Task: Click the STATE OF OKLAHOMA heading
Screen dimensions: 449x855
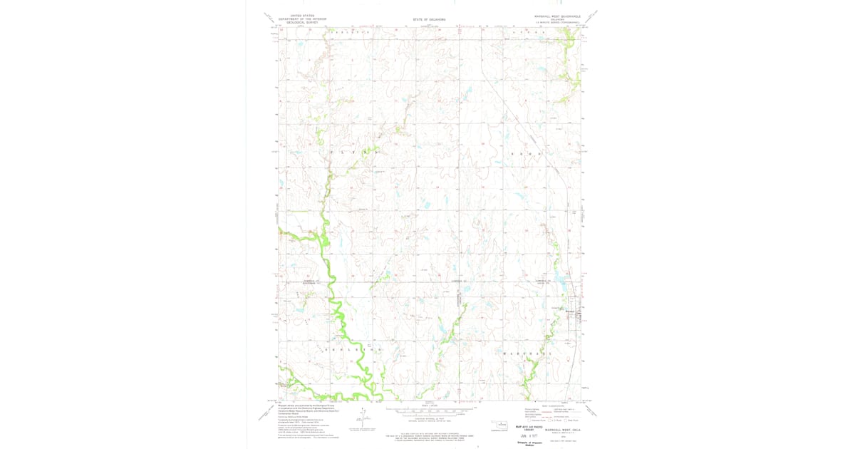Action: [x=429, y=19]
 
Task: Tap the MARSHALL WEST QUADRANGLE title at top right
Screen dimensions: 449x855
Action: [x=557, y=15]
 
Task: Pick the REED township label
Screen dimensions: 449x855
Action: [x=524, y=153]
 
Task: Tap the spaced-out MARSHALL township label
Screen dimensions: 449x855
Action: [x=528, y=353]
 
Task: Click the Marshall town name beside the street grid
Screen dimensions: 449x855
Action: [x=569, y=310]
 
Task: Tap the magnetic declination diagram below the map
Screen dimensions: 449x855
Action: [x=363, y=419]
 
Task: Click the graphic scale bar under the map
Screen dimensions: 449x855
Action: [x=429, y=411]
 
